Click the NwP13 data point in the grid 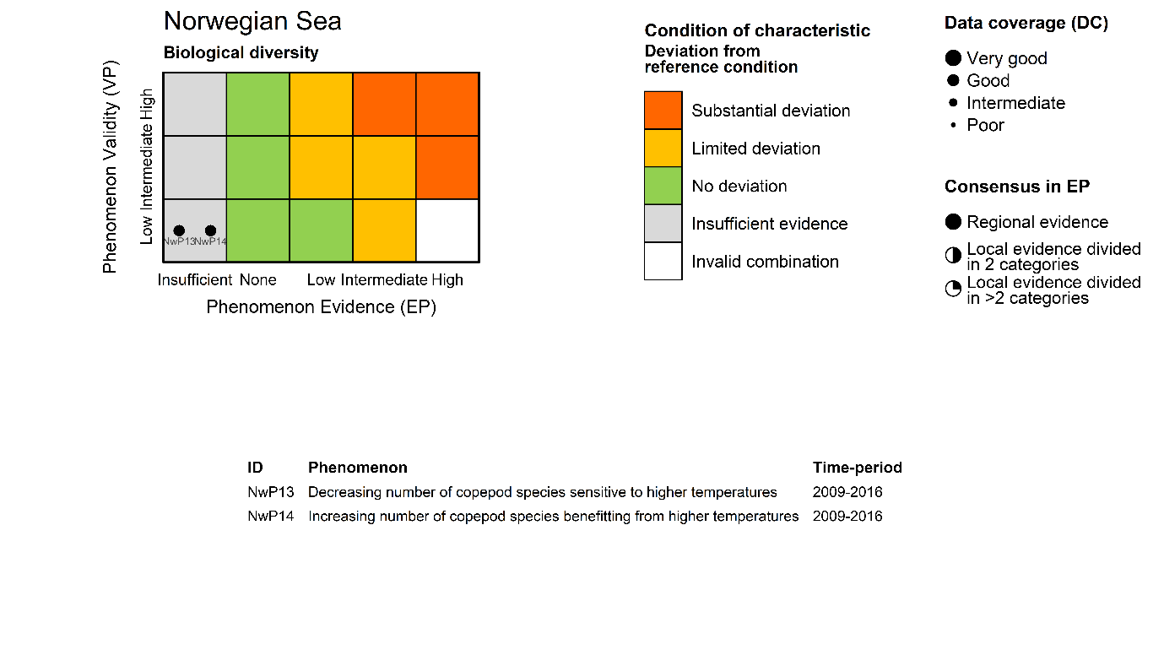click(179, 230)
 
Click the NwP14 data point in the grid click(210, 230)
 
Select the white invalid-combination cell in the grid click(447, 230)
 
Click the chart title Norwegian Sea click(252, 21)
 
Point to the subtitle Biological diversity click(241, 53)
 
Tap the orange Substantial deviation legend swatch click(663, 111)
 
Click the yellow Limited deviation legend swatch click(663, 149)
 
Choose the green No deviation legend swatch click(663, 186)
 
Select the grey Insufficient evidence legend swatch click(663, 224)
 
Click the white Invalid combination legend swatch click(663, 261)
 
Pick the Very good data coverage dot click(953, 58)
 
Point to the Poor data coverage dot click(953, 125)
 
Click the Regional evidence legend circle click(953, 222)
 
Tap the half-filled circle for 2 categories click(953, 256)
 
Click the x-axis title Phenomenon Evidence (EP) click(321, 307)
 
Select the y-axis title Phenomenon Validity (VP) click(110, 166)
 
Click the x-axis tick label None click(257, 280)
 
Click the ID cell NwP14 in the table click(270, 517)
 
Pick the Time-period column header click(857, 468)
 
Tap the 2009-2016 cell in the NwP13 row click(847, 492)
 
